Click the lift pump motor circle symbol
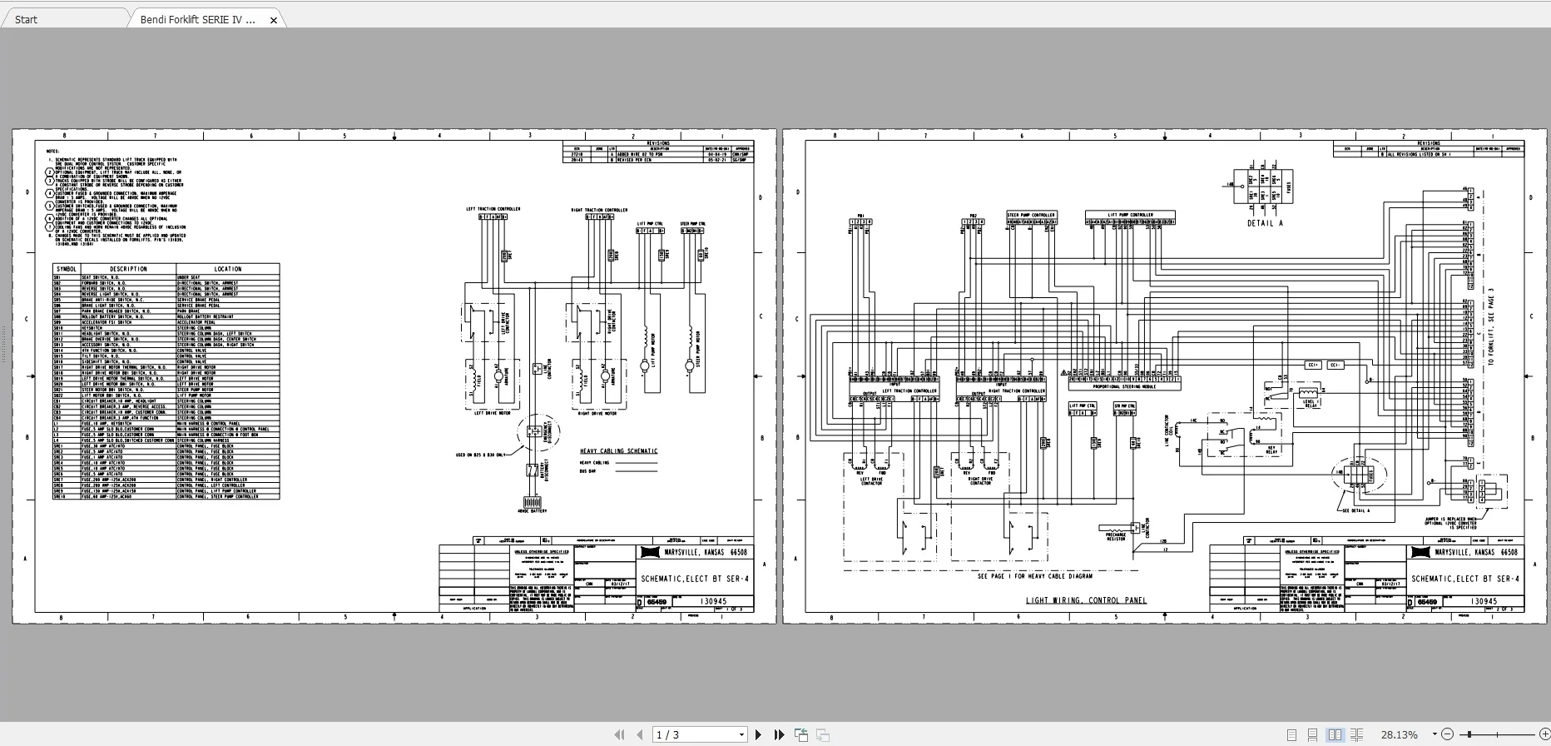644,366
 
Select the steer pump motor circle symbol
689,366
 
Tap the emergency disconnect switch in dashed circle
533,432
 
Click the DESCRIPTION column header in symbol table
128,269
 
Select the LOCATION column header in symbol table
227,269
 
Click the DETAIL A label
1265,223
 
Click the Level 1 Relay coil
1309,391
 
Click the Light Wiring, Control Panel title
1086,600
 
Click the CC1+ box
1313,365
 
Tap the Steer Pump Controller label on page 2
1031,215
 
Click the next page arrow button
758,734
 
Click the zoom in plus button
1544,734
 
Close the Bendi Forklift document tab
274,20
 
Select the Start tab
26,19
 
